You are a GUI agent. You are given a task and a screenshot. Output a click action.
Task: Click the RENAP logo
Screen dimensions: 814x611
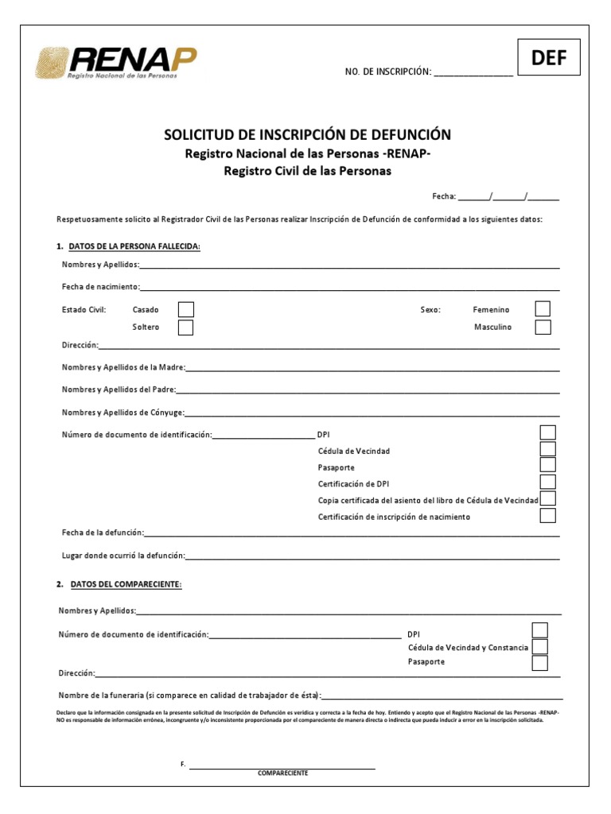[115, 63]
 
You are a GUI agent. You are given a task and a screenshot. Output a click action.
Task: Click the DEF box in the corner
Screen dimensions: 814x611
[549, 58]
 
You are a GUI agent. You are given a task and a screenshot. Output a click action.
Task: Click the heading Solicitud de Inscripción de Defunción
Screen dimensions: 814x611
[307, 134]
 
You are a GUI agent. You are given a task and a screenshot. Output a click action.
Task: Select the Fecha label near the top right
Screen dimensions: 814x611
[444, 196]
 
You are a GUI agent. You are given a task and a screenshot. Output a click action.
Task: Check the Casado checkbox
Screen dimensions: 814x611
[185, 310]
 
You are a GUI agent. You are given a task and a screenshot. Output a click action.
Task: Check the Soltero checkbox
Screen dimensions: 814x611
[185, 328]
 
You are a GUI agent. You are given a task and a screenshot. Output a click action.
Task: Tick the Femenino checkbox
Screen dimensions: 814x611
[543, 309]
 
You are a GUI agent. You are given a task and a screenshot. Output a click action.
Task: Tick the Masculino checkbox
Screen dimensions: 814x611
[543, 327]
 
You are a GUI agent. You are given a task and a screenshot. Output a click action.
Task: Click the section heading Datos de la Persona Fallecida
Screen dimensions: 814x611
[134, 246]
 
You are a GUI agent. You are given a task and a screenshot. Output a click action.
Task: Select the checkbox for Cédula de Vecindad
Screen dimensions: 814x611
[547, 450]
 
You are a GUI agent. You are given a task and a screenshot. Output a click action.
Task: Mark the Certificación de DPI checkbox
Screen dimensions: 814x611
[547, 483]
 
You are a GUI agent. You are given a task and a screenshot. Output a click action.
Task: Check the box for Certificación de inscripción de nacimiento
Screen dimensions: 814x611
[547, 516]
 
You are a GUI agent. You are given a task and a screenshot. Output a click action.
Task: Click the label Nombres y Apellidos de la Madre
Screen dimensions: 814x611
[123, 367]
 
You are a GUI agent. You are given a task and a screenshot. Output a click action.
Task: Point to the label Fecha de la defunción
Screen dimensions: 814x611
[102, 533]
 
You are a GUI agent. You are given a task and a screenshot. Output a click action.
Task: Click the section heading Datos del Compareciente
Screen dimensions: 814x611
[126, 584]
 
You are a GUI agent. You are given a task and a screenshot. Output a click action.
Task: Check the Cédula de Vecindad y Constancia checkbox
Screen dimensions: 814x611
[539, 647]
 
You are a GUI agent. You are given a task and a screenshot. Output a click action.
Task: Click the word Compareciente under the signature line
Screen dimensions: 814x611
[282, 773]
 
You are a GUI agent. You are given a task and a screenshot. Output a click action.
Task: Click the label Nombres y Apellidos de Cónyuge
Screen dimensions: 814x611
[123, 413]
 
